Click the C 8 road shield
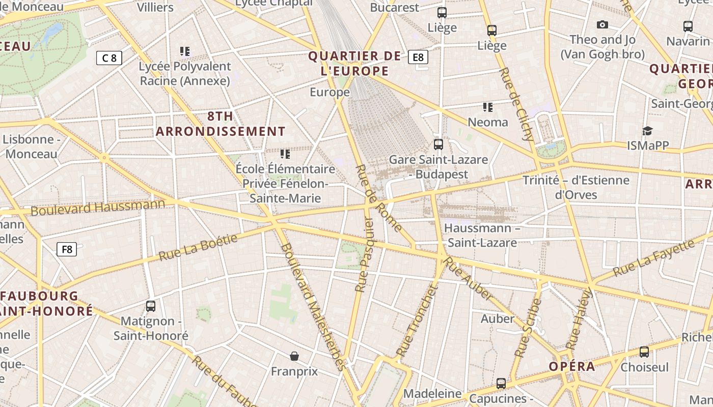tap(109, 58)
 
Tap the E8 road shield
tap(418, 57)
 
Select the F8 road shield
tap(67, 249)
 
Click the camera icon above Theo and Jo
tap(602, 24)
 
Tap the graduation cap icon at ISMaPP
tap(647, 131)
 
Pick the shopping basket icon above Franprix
tap(294, 356)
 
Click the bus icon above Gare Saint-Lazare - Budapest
tap(438, 144)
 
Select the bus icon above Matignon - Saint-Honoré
tap(151, 306)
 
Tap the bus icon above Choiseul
tap(644, 352)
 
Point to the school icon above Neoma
tap(488, 107)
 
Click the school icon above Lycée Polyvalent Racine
tap(185, 51)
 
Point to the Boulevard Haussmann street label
tap(98, 208)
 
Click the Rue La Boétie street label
tap(199, 247)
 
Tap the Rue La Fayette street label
tap(654, 258)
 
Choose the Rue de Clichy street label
tap(517, 104)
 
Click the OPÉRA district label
tap(572, 367)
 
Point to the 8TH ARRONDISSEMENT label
tap(221, 124)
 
